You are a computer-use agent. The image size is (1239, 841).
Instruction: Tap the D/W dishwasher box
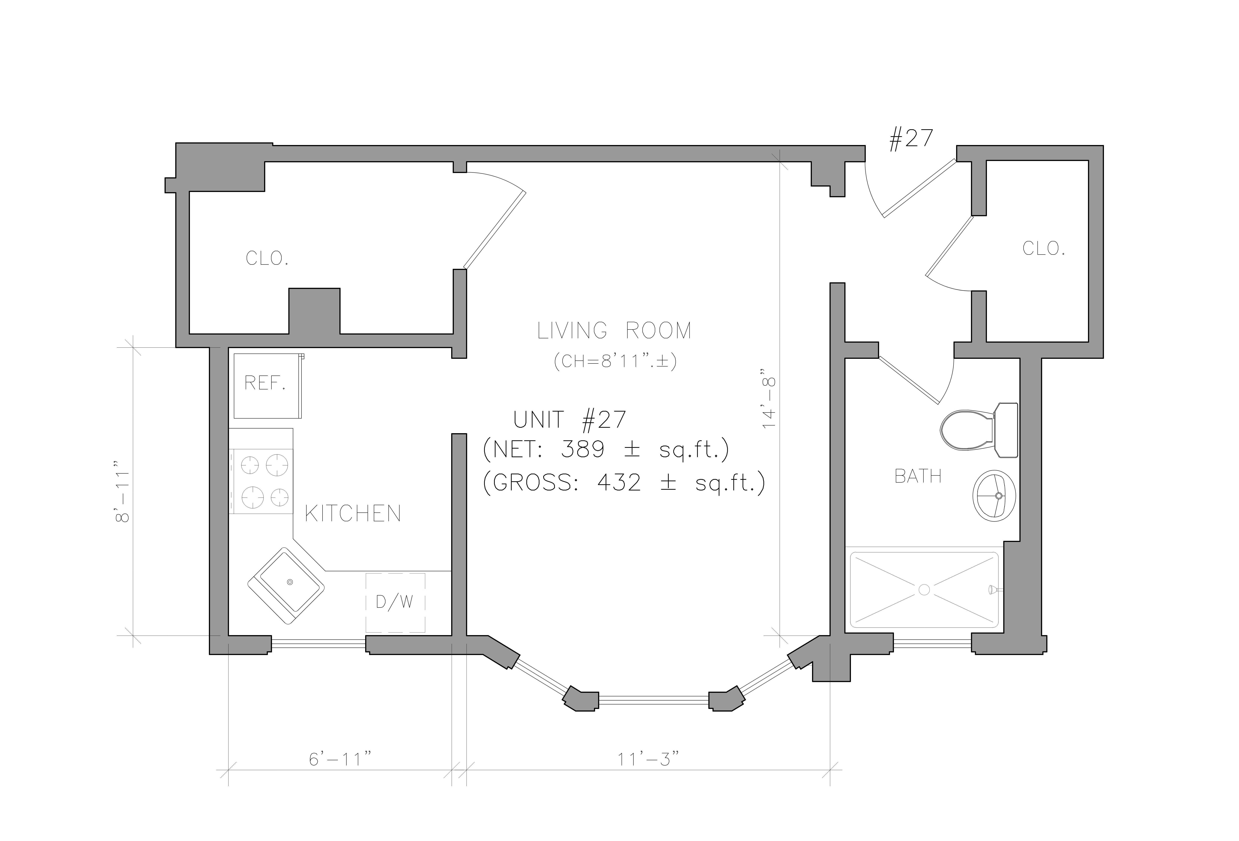click(395, 603)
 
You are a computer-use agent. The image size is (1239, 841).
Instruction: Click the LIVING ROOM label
click(614, 331)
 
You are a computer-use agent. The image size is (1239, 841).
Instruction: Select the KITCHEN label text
click(353, 514)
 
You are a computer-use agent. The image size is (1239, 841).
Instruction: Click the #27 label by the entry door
click(911, 139)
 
